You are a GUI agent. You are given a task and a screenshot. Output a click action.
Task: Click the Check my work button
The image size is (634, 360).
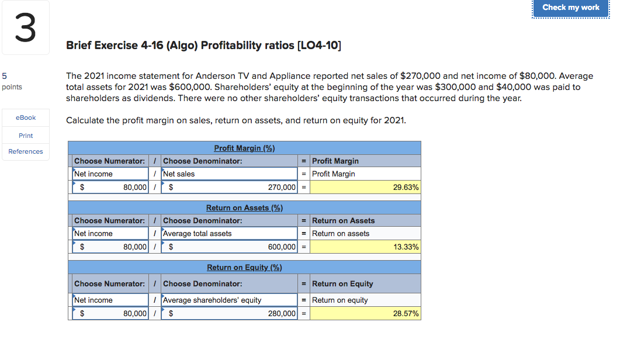[x=570, y=8]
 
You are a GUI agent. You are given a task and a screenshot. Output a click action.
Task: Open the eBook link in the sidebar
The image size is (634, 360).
[x=26, y=117]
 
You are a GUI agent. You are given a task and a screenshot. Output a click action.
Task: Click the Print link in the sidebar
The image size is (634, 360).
[x=26, y=136]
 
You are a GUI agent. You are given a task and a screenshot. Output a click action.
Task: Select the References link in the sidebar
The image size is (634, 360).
[x=26, y=151]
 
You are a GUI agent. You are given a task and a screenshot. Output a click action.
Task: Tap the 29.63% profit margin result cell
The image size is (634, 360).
[x=365, y=188]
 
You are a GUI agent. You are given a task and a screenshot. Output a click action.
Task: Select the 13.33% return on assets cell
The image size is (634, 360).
[x=365, y=247]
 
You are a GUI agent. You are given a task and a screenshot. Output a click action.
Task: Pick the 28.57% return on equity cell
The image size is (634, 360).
[x=365, y=314]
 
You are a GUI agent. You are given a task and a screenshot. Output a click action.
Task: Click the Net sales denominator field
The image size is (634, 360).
[x=229, y=174]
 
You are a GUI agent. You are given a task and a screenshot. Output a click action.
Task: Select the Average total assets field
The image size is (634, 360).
[x=229, y=233]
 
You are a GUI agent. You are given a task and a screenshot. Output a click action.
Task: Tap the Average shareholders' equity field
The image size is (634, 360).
[x=229, y=300]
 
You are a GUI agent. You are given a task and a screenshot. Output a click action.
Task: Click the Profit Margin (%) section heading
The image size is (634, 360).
[x=244, y=148]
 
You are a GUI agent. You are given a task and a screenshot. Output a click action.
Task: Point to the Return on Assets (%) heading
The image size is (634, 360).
[x=244, y=207]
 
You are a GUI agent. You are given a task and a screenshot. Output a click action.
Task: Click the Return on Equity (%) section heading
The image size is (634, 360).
[x=244, y=267]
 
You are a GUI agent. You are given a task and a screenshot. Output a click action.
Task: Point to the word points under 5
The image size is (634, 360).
[x=12, y=87]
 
